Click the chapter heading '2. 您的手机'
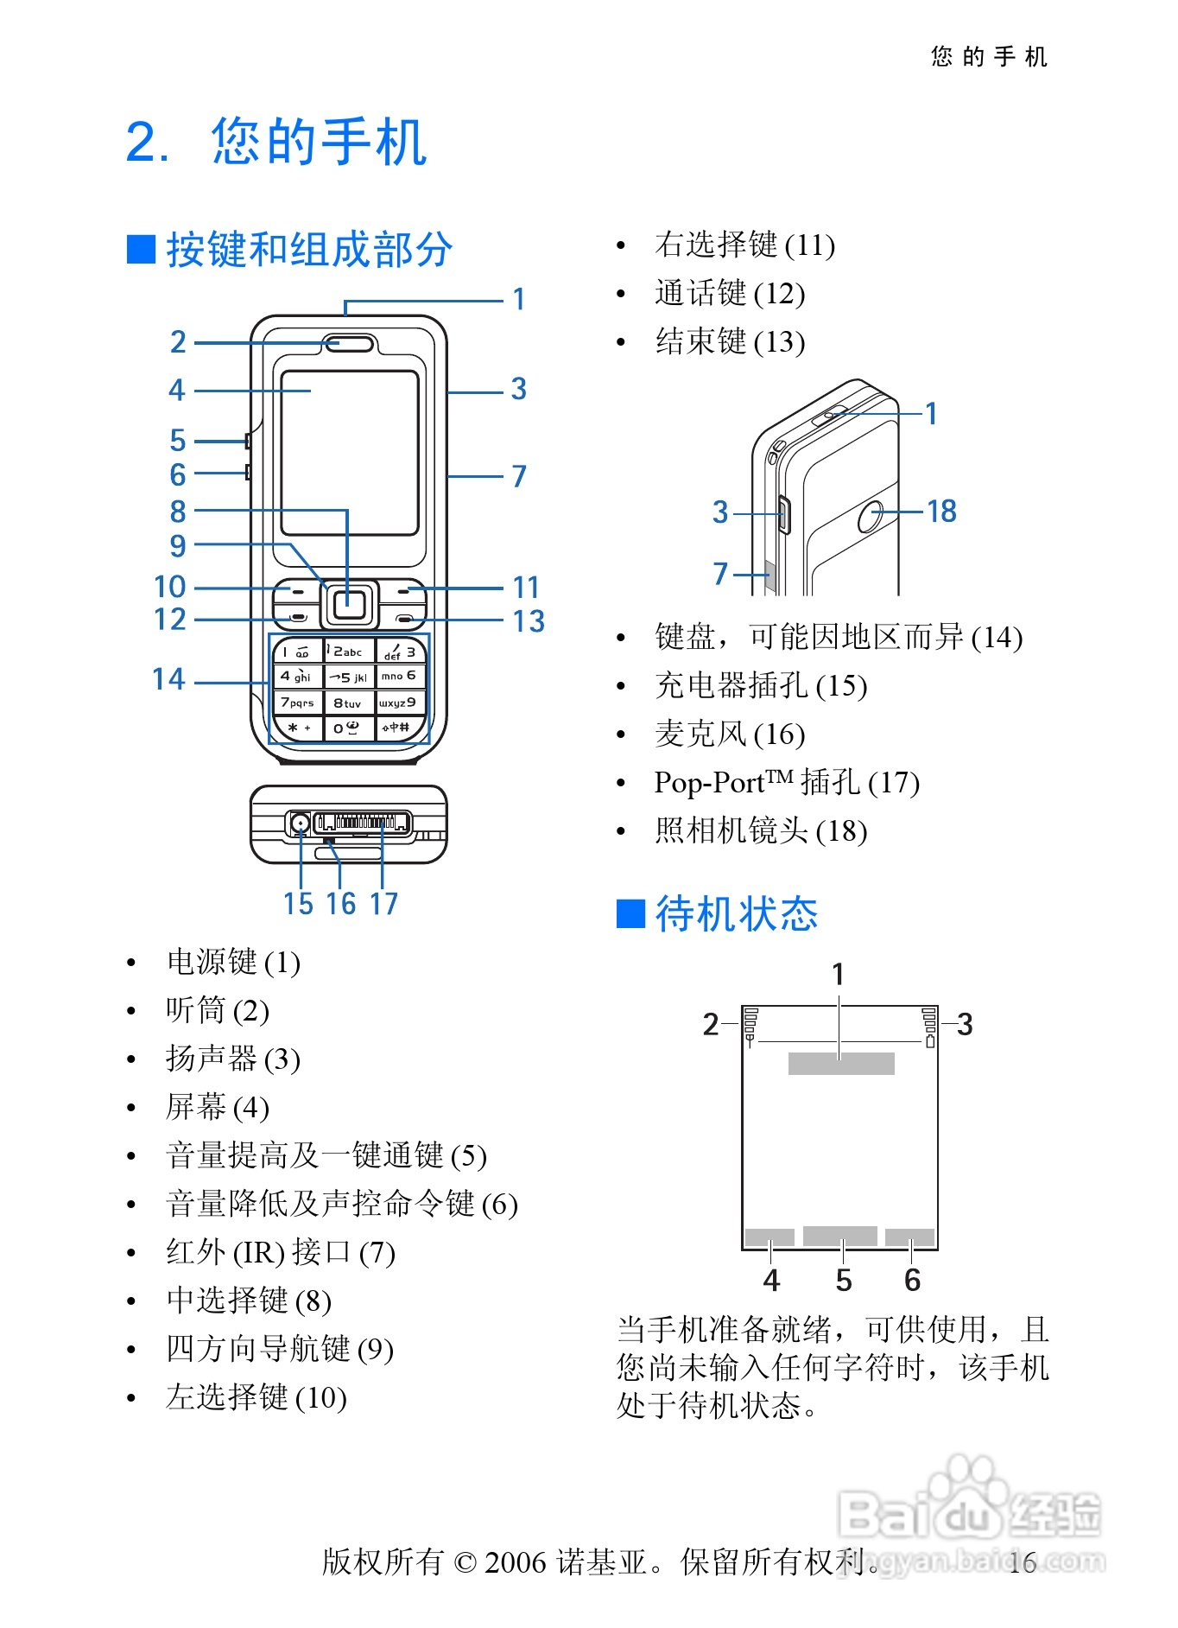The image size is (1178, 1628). coord(276,142)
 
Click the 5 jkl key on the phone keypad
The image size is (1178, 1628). coord(349,677)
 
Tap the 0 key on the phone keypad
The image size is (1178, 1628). coord(348,728)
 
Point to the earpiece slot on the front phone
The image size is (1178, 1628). coord(350,344)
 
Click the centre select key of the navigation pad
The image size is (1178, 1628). coord(349,603)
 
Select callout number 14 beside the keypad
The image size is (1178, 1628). coord(169,679)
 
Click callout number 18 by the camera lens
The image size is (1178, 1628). coord(941,512)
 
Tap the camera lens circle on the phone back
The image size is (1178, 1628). coord(871,515)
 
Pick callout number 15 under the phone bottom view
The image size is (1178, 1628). coord(298,904)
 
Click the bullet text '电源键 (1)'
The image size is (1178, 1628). coord(233,962)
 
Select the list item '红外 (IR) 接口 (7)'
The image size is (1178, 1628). coord(280,1252)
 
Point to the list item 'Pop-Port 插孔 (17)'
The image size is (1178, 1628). coord(786,782)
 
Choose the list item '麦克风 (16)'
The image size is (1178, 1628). coord(730,734)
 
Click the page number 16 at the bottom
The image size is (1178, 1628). coord(1022,1562)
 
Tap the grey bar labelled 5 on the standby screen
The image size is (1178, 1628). coord(839,1236)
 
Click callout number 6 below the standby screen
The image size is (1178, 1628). coord(912,1281)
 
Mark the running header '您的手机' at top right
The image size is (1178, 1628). coord(989,57)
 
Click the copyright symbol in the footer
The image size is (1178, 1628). coord(465,1562)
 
